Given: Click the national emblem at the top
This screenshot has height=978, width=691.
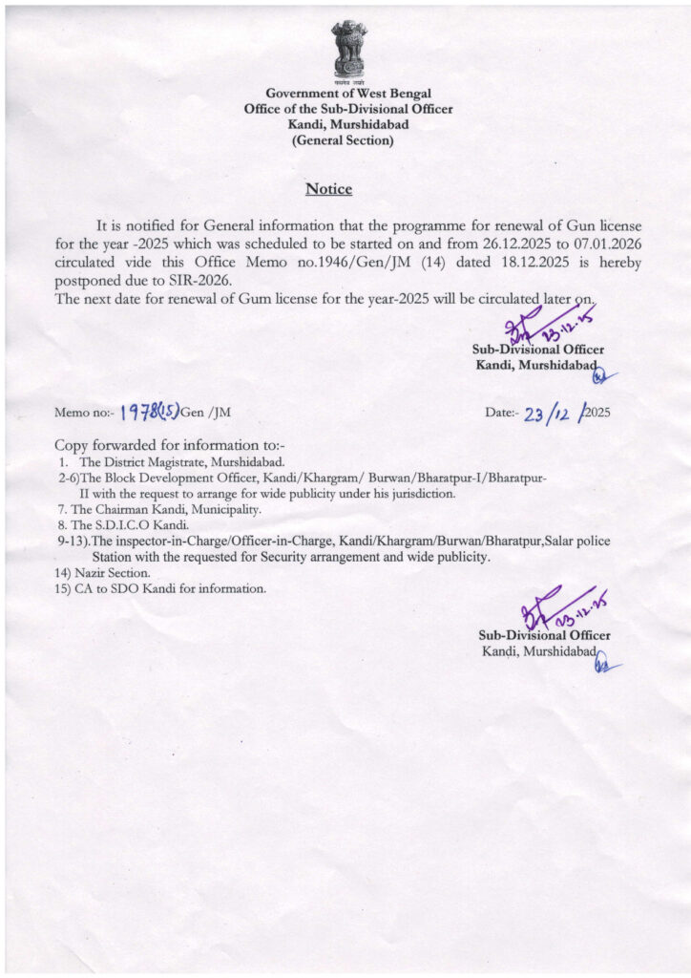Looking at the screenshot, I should tap(348, 49).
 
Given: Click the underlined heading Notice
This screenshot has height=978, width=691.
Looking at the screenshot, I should tap(328, 189).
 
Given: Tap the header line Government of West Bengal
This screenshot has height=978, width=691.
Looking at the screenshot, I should tap(348, 94).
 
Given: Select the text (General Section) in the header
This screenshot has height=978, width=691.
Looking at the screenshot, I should tap(343, 140).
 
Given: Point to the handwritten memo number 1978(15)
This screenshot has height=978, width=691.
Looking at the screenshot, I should tap(149, 413).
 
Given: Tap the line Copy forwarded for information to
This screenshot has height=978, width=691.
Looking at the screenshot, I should tap(170, 445).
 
